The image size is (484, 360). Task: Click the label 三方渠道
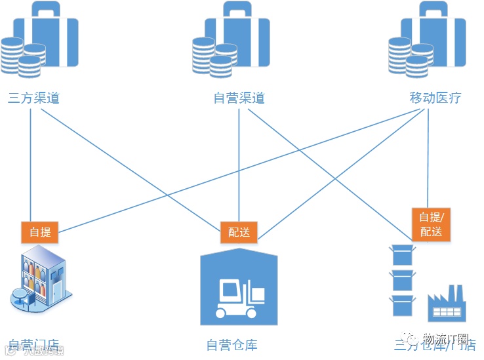[33, 98]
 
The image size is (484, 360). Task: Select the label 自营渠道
[239, 98]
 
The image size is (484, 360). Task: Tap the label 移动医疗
[435, 98]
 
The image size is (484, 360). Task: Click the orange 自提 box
[40, 231]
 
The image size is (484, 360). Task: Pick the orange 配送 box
[239, 231]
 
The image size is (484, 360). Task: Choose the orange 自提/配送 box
[431, 224]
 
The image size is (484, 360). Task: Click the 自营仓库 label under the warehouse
[232, 344]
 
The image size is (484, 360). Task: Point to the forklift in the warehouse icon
[239, 298]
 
